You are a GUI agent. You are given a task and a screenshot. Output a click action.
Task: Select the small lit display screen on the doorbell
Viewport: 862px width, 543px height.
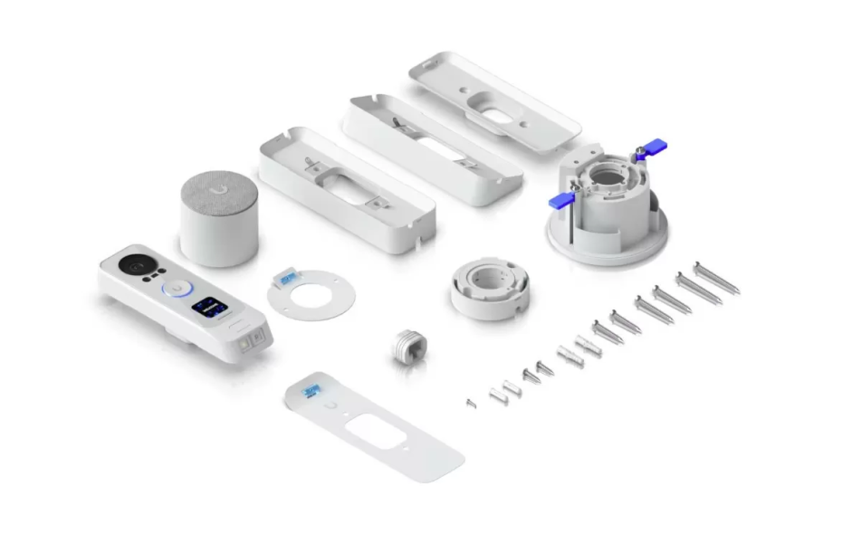pyautogui.click(x=207, y=307)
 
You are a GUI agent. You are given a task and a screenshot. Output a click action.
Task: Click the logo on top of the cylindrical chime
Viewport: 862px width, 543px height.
pyautogui.click(x=219, y=190)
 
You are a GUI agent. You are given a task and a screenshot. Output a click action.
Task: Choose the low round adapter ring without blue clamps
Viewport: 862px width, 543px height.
pyautogui.click(x=490, y=289)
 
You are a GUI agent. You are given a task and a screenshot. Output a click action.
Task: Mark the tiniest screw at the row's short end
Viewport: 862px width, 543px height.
pyautogui.click(x=470, y=403)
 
